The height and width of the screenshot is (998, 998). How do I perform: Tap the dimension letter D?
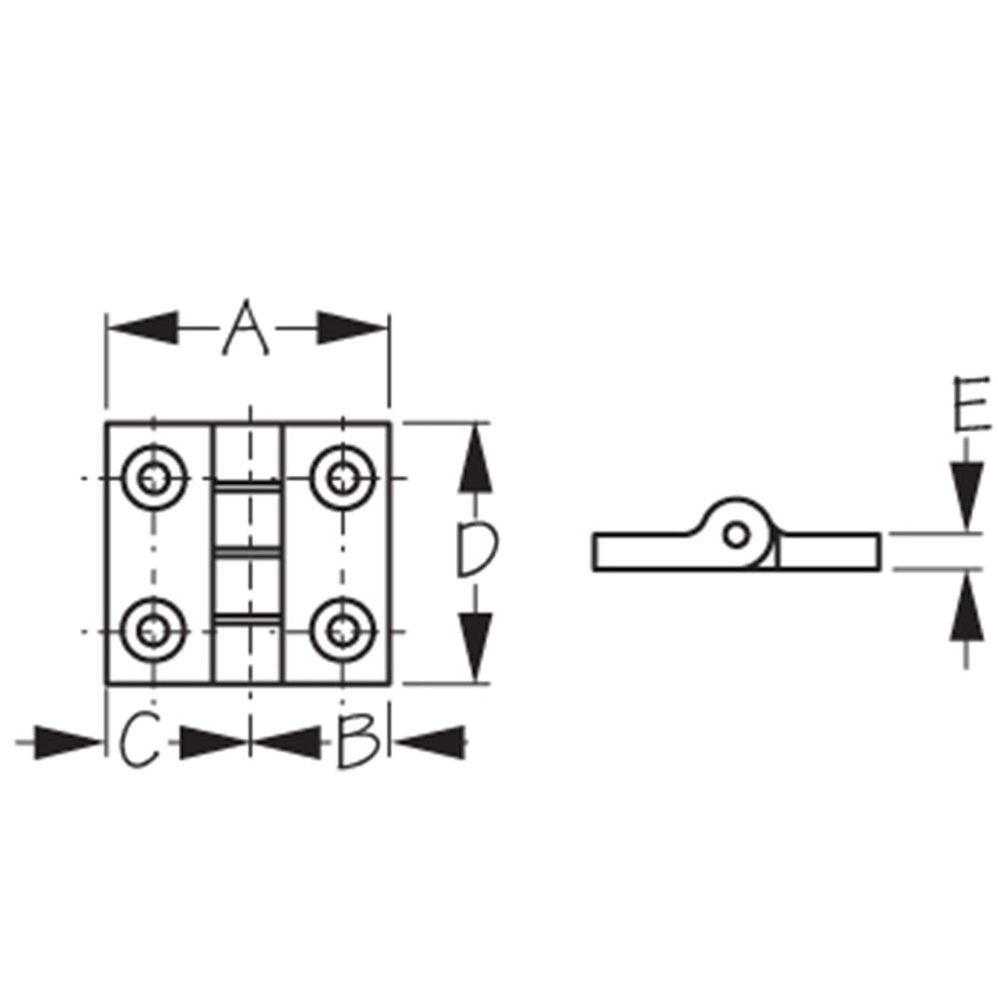pos(475,552)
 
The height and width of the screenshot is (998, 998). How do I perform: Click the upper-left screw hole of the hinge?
pos(153,480)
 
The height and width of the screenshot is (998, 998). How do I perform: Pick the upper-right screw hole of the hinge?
pos(343,480)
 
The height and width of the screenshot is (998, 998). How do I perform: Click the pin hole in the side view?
pos(737,536)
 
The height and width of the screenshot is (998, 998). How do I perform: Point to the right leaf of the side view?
pos(828,552)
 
